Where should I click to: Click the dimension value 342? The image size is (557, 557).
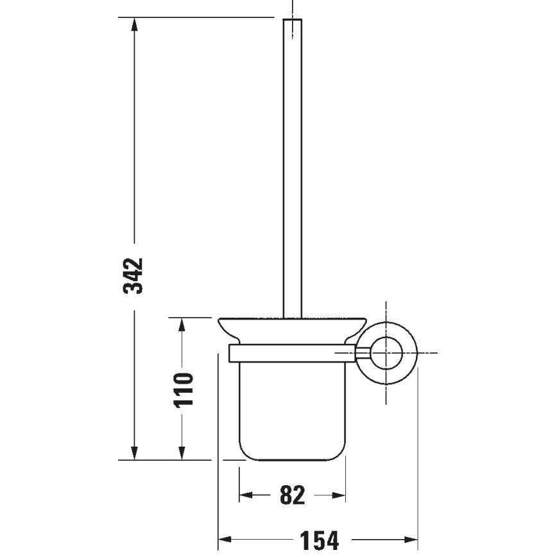point(133,275)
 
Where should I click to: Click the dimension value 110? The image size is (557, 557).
point(184,389)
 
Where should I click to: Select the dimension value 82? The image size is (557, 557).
point(292,495)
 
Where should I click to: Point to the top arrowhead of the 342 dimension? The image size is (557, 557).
point(134,24)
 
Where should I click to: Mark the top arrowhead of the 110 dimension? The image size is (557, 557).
point(184,325)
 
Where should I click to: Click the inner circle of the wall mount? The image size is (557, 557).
point(388,352)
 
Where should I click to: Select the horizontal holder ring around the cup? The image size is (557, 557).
point(292,353)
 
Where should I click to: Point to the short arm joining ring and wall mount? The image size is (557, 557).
point(363,353)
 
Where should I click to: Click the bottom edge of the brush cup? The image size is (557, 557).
point(292,460)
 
